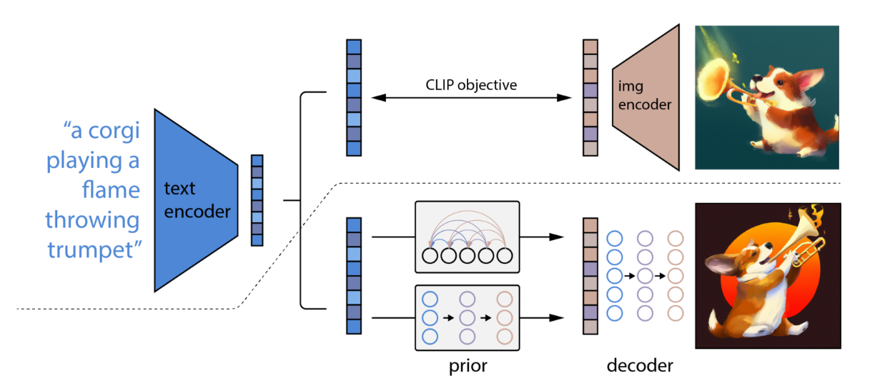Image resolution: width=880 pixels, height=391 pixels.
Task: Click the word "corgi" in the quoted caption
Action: [x=114, y=132]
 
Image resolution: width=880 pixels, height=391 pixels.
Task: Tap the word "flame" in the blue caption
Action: [x=112, y=189]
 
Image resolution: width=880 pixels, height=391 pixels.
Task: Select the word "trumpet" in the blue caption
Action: [x=94, y=250]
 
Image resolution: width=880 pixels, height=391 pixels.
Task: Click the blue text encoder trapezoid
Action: [x=197, y=200]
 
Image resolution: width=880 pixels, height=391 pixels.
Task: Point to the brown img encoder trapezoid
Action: [x=646, y=97]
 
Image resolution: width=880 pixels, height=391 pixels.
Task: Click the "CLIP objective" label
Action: [x=471, y=85]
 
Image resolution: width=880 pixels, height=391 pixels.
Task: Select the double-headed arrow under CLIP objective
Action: [x=471, y=98]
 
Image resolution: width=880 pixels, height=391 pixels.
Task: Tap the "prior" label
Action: [x=468, y=366]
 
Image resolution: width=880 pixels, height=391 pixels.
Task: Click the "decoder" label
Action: [x=640, y=366]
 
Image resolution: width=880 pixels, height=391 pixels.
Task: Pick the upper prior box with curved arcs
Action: [x=467, y=237]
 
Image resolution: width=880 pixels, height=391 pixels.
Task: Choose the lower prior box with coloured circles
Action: [x=467, y=318]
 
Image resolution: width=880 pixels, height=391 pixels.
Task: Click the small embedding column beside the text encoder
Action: [x=257, y=200]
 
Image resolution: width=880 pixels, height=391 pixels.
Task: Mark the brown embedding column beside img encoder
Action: [x=590, y=98]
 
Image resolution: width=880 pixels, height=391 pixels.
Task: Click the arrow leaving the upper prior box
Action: [x=542, y=237]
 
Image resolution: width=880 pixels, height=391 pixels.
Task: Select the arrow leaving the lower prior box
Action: [x=542, y=318]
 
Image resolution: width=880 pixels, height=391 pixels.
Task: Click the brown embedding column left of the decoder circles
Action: [x=590, y=276]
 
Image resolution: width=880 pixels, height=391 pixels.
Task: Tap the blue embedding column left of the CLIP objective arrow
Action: [x=354, y=98]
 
